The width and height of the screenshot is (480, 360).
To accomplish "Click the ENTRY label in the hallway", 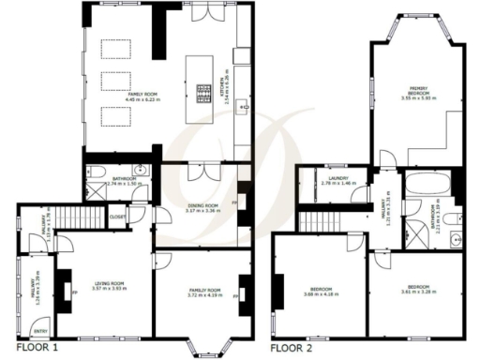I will tap(39, 332).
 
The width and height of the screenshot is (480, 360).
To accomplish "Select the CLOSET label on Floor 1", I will tap(119, 217).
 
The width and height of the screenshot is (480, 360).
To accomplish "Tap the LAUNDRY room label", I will tap(334, 182).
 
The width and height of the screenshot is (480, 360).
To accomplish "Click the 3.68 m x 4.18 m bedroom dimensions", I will tap(320, 293).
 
